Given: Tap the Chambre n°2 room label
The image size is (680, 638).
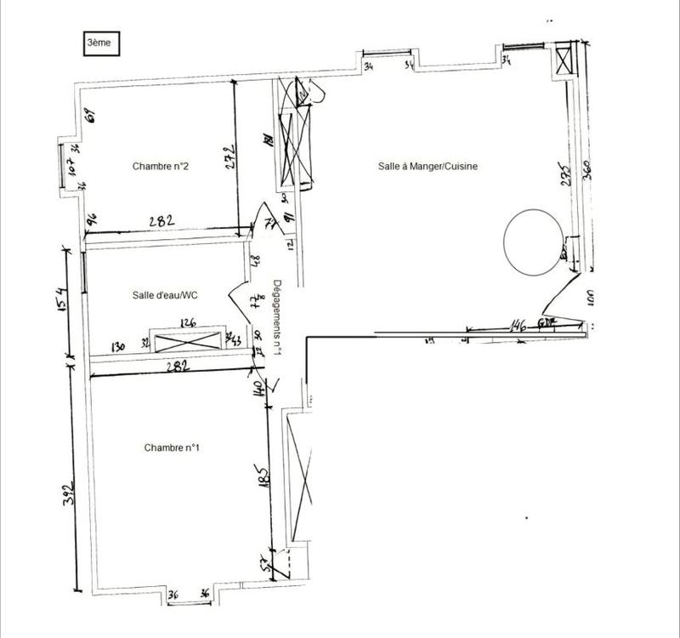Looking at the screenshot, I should coord(160,167).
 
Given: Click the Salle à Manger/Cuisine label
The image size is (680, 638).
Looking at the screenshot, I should coord(428,167).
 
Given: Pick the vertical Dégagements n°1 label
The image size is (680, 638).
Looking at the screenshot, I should coord(277,316).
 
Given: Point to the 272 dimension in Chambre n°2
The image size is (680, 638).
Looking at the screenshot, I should coord(228,158).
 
